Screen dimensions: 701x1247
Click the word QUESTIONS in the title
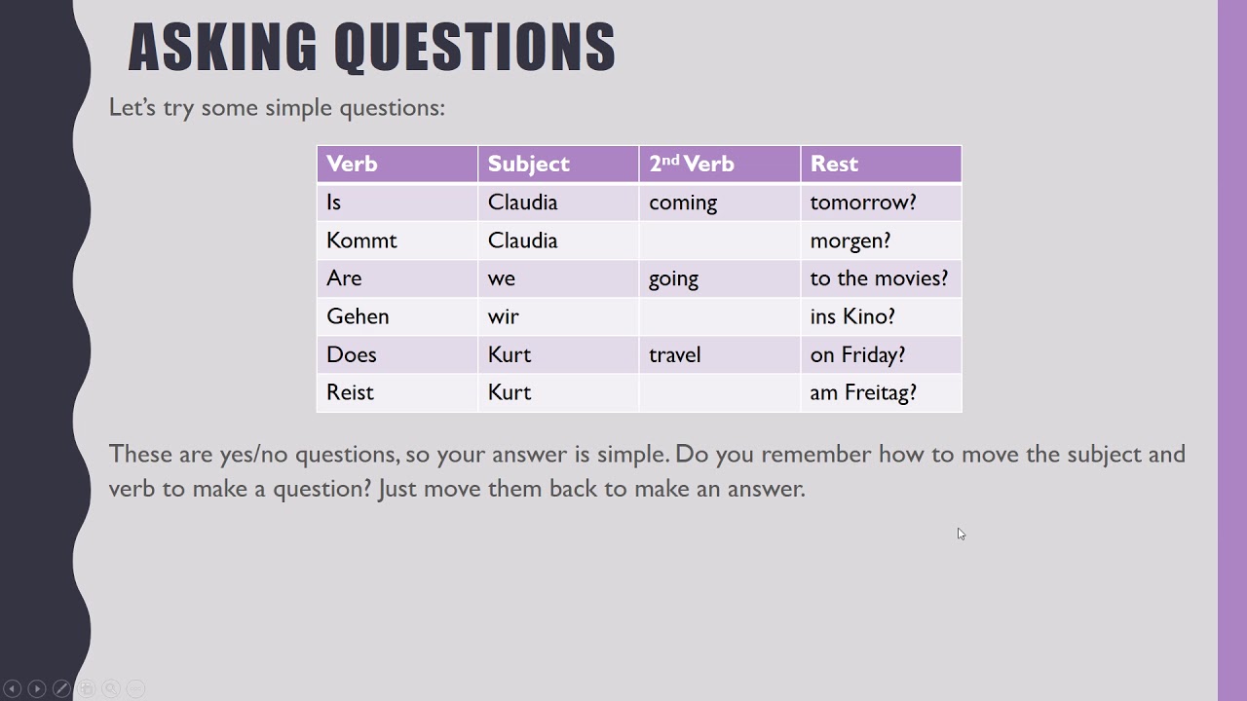pos(474,48)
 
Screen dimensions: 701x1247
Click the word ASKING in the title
pos(222,48)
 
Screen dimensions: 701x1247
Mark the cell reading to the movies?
pos(879,278)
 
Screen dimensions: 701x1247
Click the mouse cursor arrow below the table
pos(961,534)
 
